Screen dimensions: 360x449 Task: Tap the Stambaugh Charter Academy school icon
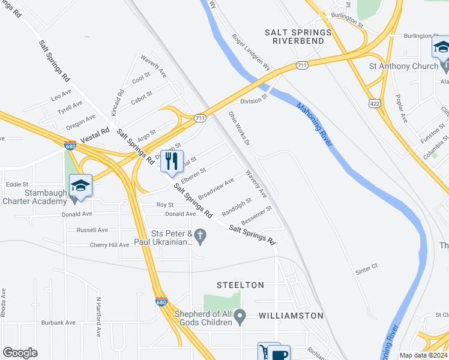point(80,185)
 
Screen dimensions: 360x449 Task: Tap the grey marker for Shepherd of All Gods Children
point(240,315)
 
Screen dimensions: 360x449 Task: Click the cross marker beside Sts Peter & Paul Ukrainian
point(202,239)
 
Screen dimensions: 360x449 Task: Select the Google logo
point(20,352)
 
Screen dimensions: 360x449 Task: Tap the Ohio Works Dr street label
point(239,128)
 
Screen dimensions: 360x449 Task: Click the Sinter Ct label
point(366,265)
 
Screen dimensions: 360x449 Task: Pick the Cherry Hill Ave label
point(109,245)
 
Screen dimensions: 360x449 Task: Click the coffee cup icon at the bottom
point(279,354)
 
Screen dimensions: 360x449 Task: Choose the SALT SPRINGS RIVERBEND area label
point(298,36)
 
